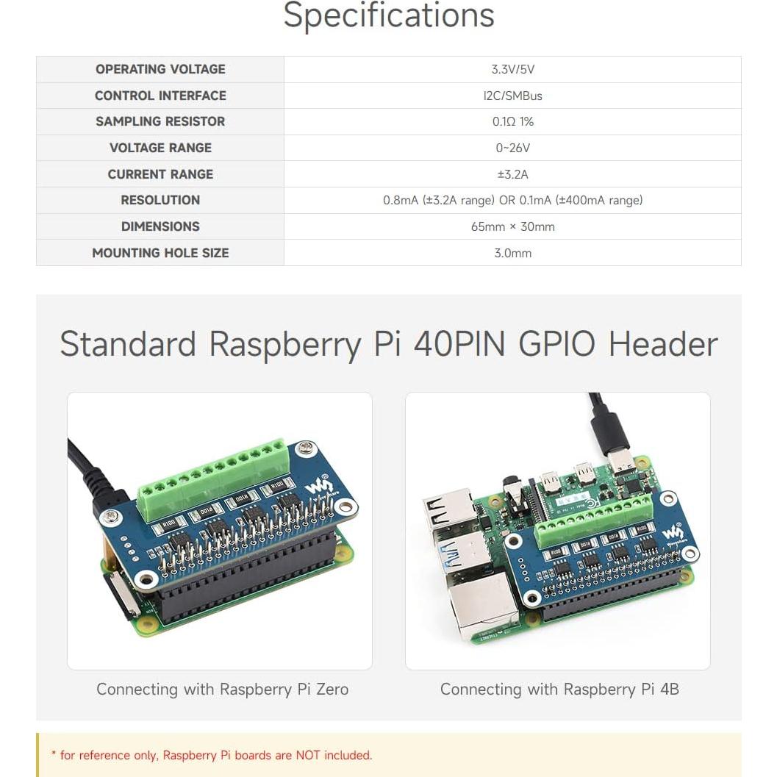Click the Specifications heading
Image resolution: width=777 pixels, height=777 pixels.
coord(388,16)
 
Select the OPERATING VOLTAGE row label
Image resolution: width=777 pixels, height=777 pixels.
coord(160,69)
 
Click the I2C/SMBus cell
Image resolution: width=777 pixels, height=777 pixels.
coord(512,96)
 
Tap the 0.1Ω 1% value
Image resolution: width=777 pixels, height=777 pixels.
coord(512,121)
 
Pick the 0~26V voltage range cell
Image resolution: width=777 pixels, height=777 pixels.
coord(512,148)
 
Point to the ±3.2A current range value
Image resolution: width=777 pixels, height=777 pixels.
coord(512,174)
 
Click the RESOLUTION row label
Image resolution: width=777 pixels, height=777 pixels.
coord(160,200)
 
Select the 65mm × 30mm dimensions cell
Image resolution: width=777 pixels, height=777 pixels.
coord(512,226)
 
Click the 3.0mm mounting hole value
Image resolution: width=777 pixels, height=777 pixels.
coord(512,253)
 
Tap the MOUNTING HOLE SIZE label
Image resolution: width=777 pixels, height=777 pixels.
coord(160,253)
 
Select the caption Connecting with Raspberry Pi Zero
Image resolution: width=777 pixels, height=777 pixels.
coord(222,690)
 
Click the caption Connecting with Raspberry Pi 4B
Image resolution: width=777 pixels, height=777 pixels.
coord(559,690)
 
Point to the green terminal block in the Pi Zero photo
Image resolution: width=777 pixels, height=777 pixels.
coord(213,476)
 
